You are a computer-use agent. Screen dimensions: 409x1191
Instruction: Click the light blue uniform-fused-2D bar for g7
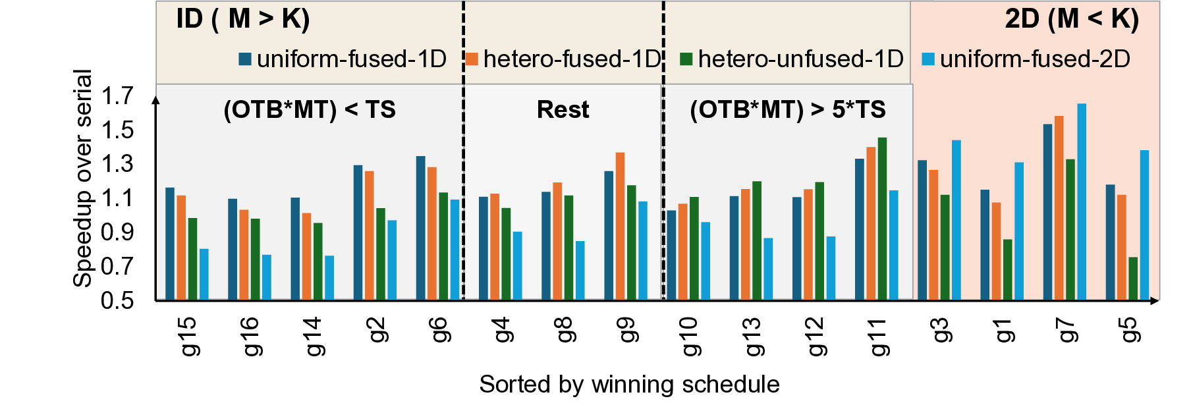1081,202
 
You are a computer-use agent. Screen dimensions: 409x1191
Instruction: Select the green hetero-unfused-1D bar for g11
882,219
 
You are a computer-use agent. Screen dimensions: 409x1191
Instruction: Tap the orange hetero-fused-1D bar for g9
620,226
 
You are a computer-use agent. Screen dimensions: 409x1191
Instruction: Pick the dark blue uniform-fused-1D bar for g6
420,228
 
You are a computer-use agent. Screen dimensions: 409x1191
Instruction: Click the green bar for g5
1133,279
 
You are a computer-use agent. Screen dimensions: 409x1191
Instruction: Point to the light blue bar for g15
204,274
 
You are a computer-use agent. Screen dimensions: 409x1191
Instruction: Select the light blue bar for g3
956,220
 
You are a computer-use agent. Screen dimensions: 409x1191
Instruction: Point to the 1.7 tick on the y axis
117,96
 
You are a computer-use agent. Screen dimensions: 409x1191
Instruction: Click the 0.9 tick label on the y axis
117,232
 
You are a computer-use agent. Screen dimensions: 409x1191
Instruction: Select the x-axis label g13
754,336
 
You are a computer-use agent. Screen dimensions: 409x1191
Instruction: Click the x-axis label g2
377,329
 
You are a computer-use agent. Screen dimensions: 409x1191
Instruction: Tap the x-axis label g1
1004,329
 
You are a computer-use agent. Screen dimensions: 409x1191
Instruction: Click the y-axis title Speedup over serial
82,178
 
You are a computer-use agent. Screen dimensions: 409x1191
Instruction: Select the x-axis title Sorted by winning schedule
629,384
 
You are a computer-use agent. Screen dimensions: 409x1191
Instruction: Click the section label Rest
563,109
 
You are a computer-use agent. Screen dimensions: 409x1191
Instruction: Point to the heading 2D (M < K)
1071,18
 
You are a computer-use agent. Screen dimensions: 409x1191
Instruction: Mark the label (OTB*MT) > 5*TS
787,109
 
